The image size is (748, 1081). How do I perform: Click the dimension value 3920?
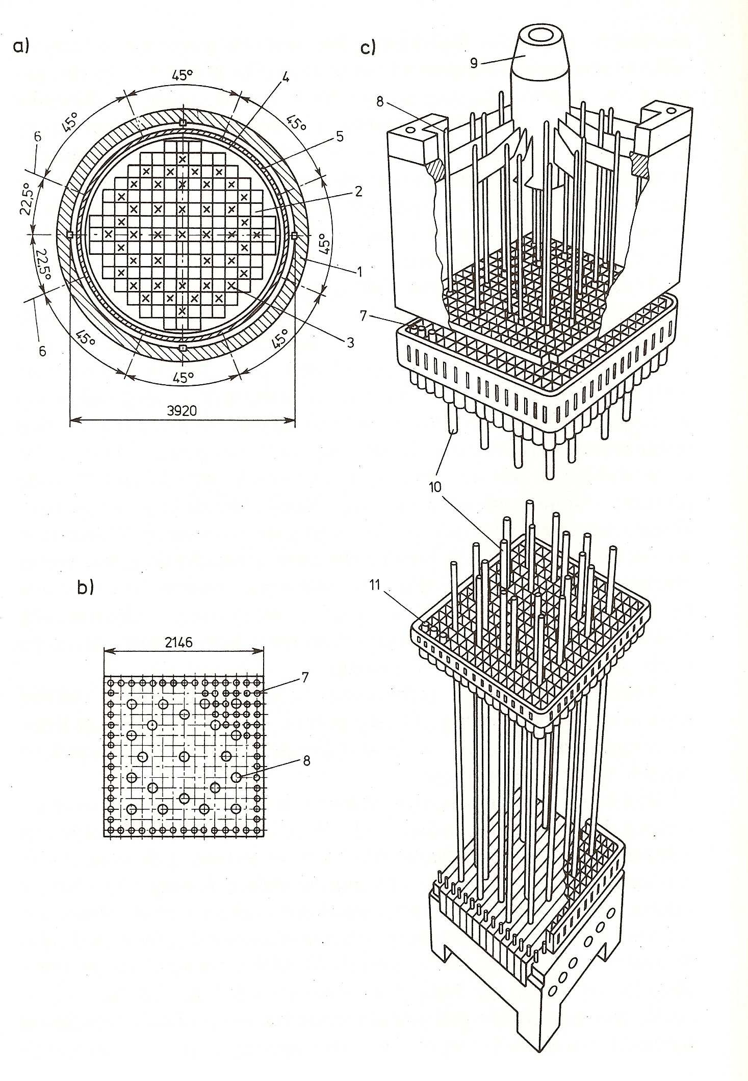[x=182, y=411]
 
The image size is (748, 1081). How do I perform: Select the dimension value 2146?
[x=178, y=643]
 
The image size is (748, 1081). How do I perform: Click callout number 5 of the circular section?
[x=340, y=137]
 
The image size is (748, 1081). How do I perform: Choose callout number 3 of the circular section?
[x=350, y=342]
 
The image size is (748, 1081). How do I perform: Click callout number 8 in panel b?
[x=305, y=761]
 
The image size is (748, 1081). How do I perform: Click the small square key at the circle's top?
[x=183, y=122]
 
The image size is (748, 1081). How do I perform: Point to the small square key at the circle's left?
[x=70, y=234]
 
